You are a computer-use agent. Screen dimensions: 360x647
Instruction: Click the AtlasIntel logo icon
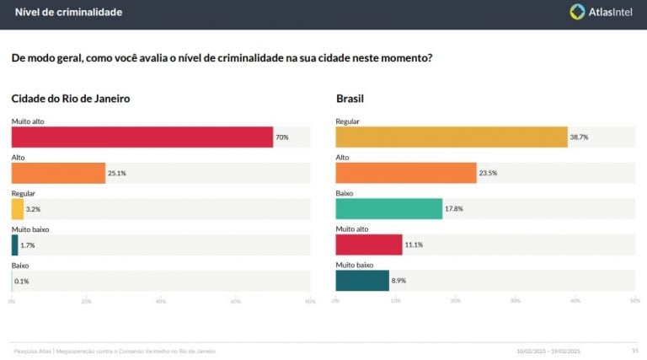pyautogui.click(x=577, y=12)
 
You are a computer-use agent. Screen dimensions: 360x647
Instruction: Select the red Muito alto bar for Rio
pyautogui.click(x=142, y=137)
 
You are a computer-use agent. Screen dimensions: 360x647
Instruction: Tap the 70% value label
pyautogui.click(x=281, y=137)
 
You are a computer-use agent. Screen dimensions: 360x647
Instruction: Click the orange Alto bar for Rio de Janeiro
pyautogui.click(x=58, y=173)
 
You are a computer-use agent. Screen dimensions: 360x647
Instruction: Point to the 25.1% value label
pyautogui.click(x=117, y=173)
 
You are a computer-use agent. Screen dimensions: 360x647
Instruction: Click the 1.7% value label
pyautogui.click(x=27, y=245)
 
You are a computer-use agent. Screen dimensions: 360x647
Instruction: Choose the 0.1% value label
pyautogui.click(x=22, y=281)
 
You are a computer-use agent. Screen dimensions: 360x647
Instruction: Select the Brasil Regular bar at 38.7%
pyautogui.click(x=452, y=137)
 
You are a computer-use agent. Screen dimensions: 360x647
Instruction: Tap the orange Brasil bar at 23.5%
pyautogui.click(x=406, y=173)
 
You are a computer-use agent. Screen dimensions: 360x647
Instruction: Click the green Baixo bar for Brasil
pyautogui.click(x=388, y=209)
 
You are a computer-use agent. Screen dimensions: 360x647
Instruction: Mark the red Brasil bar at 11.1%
pyautogui.click(x=369, y=245)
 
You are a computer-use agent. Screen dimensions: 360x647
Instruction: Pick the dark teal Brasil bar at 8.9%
pyautogui.click(x=362, y=281)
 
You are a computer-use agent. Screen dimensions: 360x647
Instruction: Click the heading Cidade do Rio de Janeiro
pyautogui.click(x=70, y=99)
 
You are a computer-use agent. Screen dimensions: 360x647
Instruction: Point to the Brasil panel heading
pyautogui.click(x=350, y=99)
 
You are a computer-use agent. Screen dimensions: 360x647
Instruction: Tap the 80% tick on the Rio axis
pyautogui.click(x=309, y=301)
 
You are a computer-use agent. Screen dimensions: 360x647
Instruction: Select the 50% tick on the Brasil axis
pyautogui.click(x=634, y=301)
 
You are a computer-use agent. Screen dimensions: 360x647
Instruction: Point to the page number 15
pyautogui.click(x=634, y=351)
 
